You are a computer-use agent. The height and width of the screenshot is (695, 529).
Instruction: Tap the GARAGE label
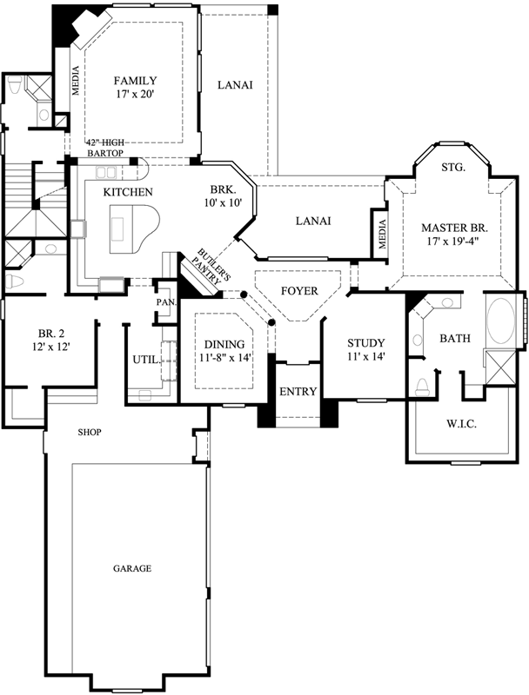[132, 568]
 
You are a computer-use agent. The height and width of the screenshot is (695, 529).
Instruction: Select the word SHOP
[90, 431]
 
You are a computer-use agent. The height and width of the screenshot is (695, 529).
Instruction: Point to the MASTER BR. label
[454, 228]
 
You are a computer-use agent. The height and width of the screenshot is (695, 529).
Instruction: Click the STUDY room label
[365, 343]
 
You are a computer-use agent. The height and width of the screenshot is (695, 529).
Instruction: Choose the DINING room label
[224, 344]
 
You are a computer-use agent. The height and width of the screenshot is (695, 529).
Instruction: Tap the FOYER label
[298, 290]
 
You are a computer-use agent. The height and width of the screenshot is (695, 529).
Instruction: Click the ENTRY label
[298, 392]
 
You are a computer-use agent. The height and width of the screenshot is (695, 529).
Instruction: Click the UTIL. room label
[145, 359]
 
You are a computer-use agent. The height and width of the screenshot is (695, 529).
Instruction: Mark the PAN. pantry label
[166, 302]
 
